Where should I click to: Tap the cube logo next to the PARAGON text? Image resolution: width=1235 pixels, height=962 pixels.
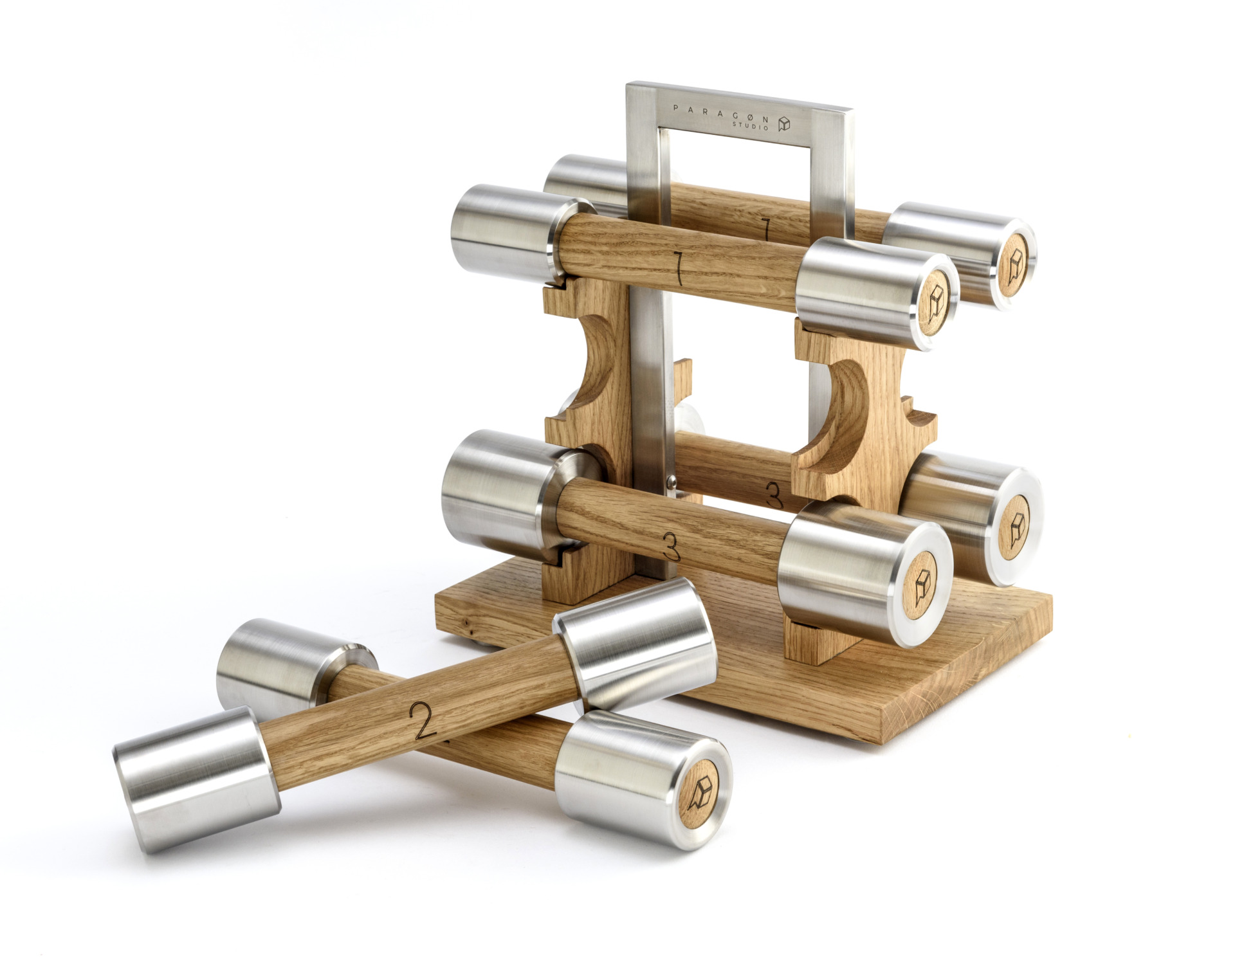pos(783,123)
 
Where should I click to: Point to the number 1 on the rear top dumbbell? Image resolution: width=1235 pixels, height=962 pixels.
pos(765,230)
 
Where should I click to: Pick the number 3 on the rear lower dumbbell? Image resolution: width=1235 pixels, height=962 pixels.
pos(774,495)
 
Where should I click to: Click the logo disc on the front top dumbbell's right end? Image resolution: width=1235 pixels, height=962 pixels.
pos(937,303)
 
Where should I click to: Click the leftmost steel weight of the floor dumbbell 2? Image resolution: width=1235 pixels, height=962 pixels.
pos(193,781)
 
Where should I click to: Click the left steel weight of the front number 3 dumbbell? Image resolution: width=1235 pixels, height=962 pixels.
pos(495,492)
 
